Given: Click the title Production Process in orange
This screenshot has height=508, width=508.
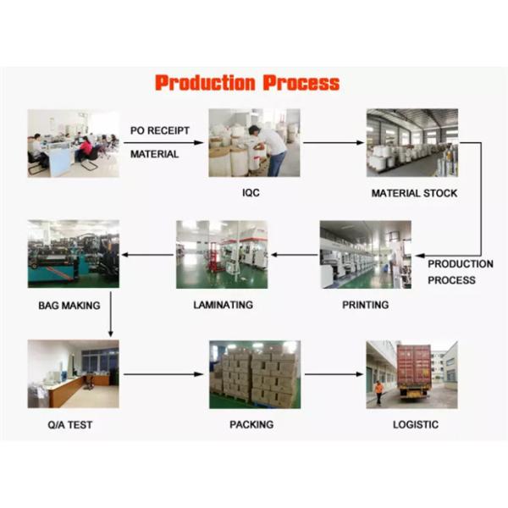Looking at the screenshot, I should (x=247, y=83).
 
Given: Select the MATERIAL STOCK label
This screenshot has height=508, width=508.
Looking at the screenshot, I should (x=414, y=193).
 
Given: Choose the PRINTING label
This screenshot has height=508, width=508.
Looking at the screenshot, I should (x=365, y=305).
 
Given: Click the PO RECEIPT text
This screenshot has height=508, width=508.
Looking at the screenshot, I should (x=159, y=130).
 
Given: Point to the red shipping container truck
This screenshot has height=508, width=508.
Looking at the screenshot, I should (x=415, y=370).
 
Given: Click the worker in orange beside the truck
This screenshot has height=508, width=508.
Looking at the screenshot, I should (x=378, y=391).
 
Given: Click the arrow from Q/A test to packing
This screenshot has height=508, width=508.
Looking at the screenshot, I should (x=163, y=373).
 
